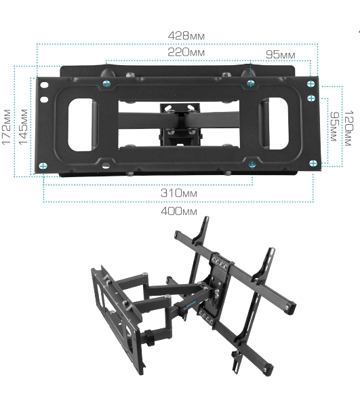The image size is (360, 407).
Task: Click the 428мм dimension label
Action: tap(186, 36)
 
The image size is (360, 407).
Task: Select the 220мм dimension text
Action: tap(186, 52)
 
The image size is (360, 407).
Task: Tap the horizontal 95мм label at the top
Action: tap(281, 54)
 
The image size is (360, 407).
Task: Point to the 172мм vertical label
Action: tap(7, 127)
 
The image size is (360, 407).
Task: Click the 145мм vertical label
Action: tap(23, 127)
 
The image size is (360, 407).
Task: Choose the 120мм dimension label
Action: tap(348, 128)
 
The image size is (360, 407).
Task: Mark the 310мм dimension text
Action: tap(179, 193)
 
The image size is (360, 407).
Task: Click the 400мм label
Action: tap(179, 211)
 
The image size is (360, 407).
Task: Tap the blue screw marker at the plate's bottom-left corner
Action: tap(43, 166)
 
